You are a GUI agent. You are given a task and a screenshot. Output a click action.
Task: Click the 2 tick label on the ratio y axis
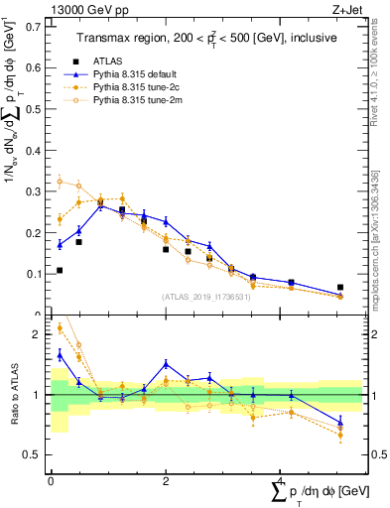[39, 334]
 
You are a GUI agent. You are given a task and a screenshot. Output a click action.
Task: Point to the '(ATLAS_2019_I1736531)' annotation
[204, 296]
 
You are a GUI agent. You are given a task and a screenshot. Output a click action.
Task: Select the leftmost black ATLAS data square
[60, 270]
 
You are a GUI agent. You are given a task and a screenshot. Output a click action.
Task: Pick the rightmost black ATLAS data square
[340, 287]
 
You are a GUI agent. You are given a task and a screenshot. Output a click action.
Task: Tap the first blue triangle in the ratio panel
[60, 353]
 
